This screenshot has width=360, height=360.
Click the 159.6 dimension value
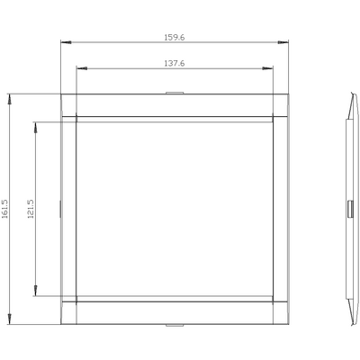coord(175,38)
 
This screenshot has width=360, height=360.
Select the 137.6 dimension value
coord(175,63)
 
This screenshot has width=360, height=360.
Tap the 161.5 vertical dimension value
coord(5,209)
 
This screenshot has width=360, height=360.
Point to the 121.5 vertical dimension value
coord(31,209)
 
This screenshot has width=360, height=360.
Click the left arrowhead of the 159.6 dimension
coord(66,42)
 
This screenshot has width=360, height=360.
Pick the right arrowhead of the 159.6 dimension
coord(283,42)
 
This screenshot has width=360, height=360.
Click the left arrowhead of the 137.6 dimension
coord(82,68)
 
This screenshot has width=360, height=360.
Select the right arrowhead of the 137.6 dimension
coord(267,68)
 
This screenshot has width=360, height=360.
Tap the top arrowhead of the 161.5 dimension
coord(10,99)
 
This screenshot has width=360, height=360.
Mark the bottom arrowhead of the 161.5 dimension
coord(10,319)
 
